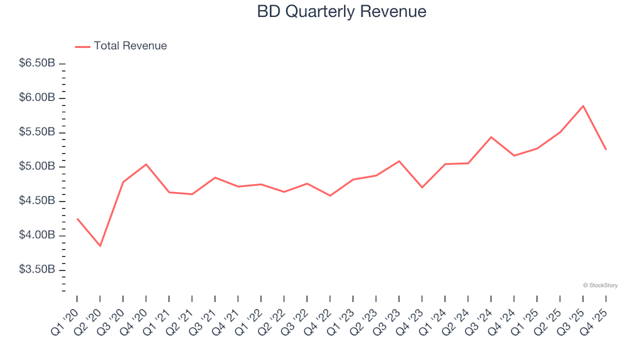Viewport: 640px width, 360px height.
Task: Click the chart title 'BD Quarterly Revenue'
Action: tap(341, 12)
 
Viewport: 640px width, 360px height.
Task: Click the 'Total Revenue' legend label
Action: tap(130, 46)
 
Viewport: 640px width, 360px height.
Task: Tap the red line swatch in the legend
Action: tap(83, 47)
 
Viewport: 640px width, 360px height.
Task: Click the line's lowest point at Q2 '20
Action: tap(100, 246)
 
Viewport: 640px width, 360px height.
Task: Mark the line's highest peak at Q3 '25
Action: tap(583, 105)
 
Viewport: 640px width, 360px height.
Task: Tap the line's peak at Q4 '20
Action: tap(146, 164)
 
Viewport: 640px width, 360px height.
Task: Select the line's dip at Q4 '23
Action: tap(422, 187)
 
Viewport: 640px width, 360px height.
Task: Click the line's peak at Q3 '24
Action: tap(491, 137)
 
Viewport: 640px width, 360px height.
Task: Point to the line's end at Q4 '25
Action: tap(606, 149)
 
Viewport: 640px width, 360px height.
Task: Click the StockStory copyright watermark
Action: tap(600, 285)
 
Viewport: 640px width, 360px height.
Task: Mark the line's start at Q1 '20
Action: tap(77, 219)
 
